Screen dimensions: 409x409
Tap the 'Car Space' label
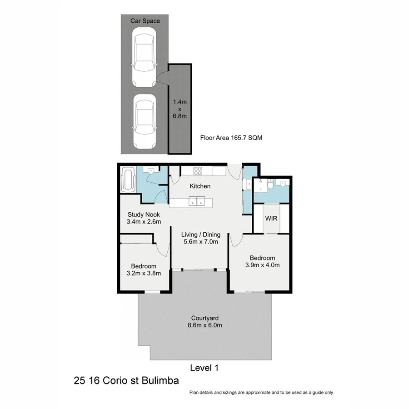[x=145, y=20]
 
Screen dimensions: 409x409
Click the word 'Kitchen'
[x=200, y=186]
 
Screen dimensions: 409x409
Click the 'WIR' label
[x=271, y=219]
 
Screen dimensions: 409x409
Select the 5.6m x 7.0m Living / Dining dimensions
[x=200, y=242]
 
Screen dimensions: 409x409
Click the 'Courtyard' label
[x=203, y=318]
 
